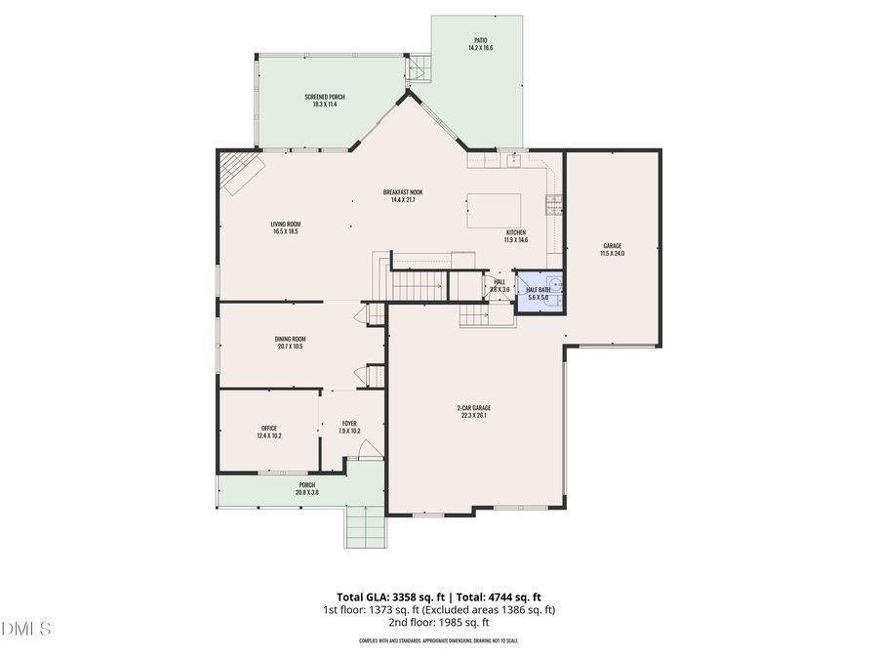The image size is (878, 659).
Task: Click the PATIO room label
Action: (x=477, y=41)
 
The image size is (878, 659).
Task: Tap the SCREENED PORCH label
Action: (x=324, y=97)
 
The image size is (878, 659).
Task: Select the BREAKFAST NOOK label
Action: (x=403, y=192)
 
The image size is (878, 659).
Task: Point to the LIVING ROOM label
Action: (x=285, y=225)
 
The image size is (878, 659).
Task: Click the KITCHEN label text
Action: (x=515, y=232)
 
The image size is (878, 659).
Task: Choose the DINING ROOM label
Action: (x=291, y=339)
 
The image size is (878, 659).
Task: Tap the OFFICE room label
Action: (x=269, y=429)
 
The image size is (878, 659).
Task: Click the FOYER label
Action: (x=349, y=424)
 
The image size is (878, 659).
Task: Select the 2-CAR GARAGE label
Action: (x=473, y=408)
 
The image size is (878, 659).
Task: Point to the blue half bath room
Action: (x=539, y=290)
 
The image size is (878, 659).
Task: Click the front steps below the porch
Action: (x=366, y=527)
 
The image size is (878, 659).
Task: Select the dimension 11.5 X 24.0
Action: (x=612, y=254)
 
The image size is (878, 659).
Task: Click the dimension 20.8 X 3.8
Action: (x=307, y=492)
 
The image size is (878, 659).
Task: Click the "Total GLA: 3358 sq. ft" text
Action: (x=386, y=597)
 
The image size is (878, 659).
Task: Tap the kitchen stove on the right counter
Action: (x=554, y=205)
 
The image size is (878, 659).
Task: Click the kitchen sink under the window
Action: (x=511, y=158)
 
